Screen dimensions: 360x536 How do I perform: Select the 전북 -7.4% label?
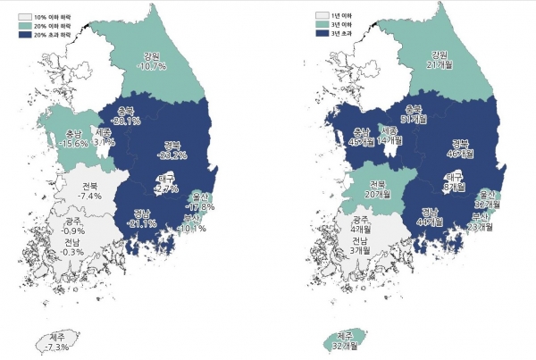[x=89, y=190]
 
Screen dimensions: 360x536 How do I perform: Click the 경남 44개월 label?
[x=432, y=217]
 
